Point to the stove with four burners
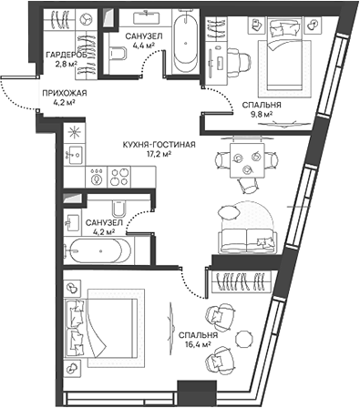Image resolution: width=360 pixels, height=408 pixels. pyautogui.click(x=119, y=176)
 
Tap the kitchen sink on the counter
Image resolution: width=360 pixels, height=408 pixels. pyautogui.click(x=73, y=156)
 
